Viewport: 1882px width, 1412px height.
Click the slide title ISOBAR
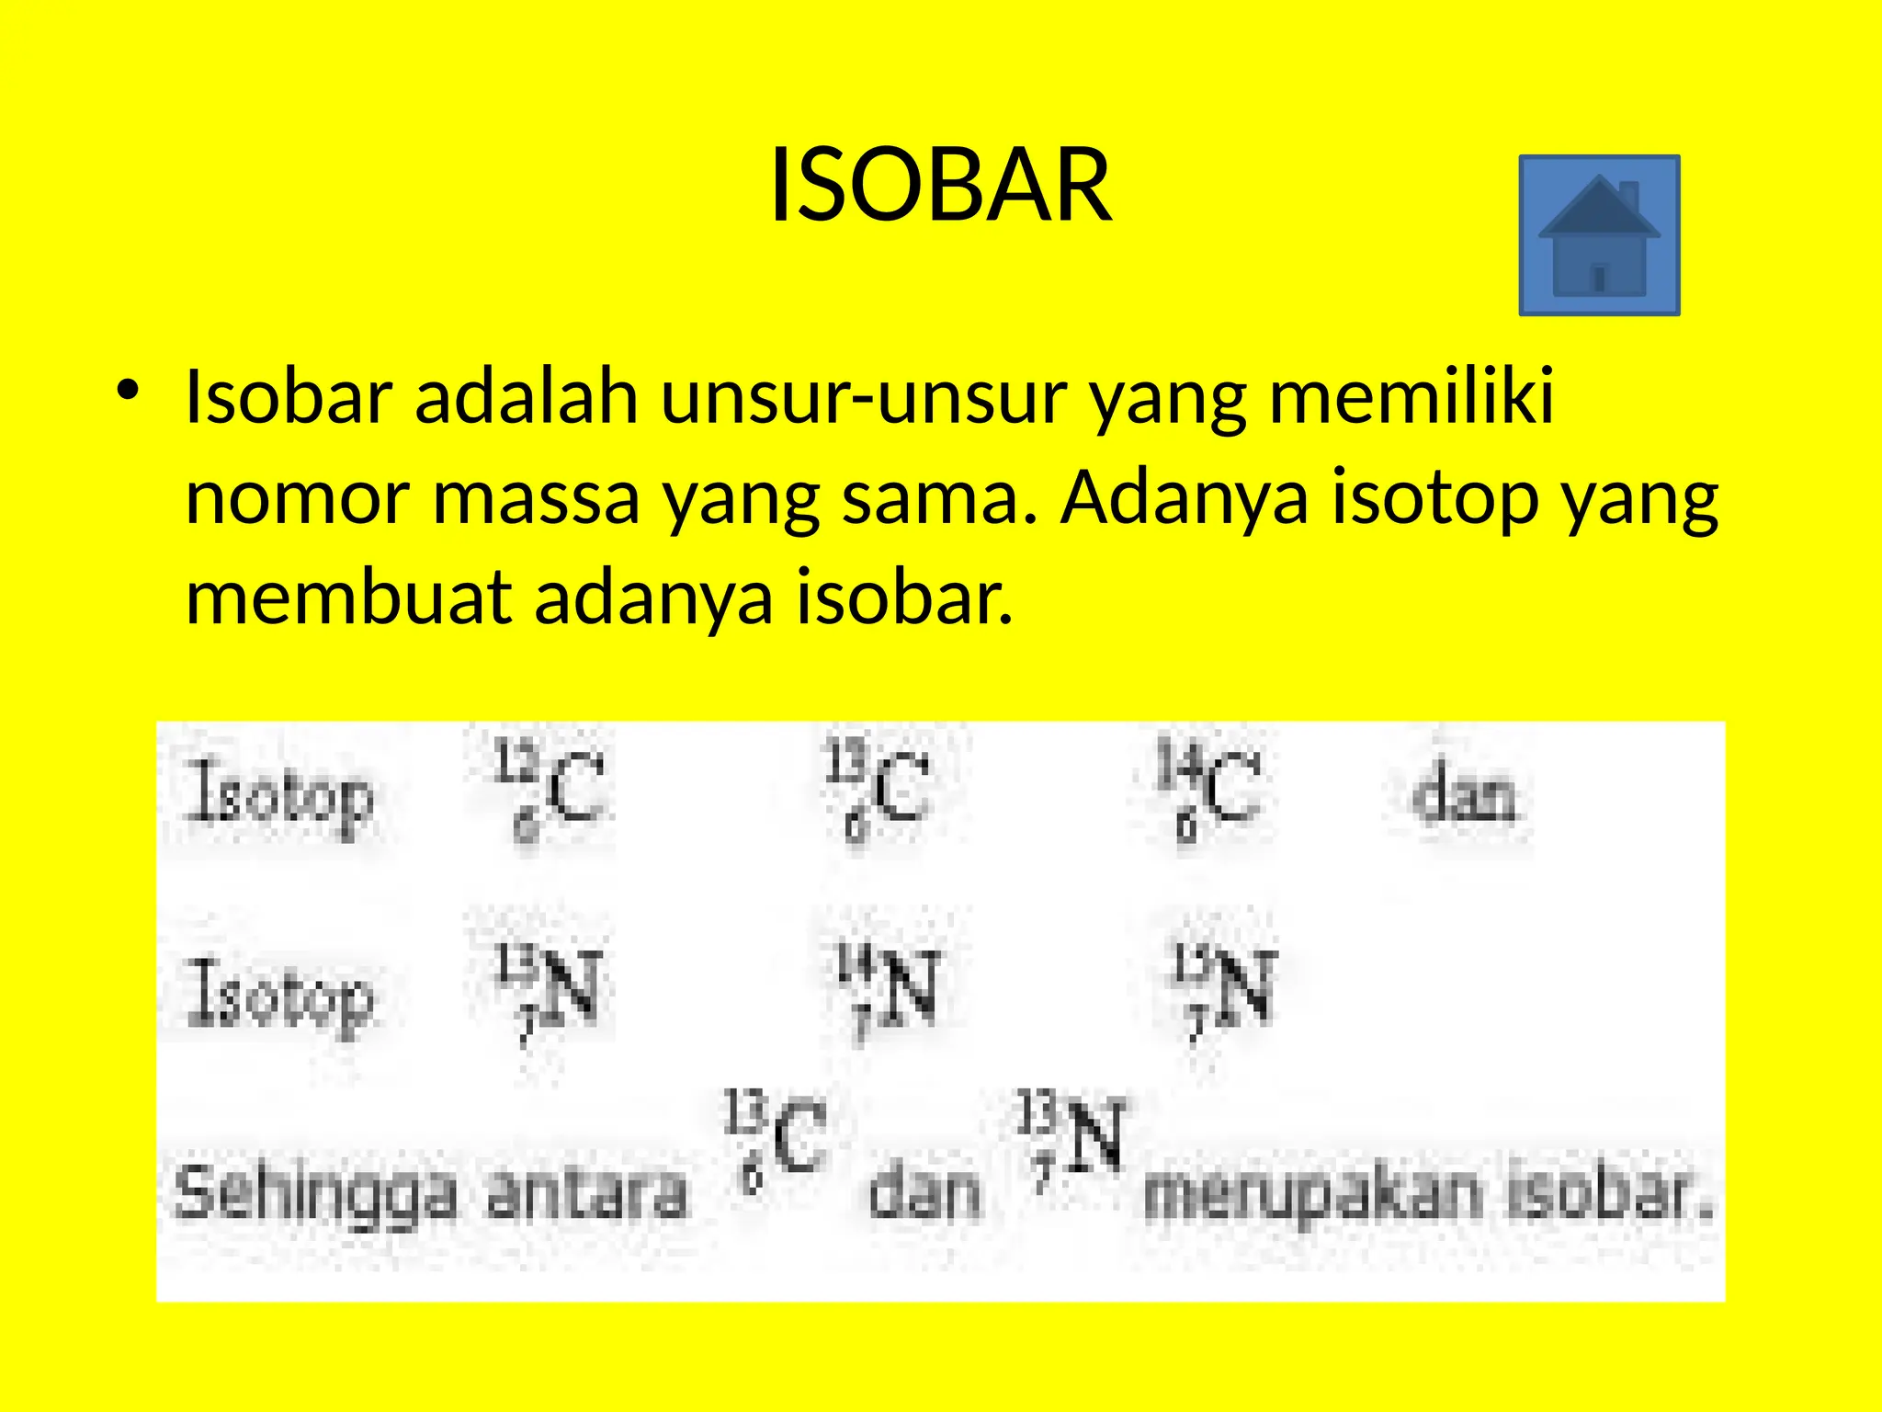click(x=940, y=186)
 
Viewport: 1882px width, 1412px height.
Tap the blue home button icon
click(x=1599, y=235)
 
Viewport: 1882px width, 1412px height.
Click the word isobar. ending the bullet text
click(x=904, y=598)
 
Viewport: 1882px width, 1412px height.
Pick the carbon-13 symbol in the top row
click(x=879, y=789)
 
